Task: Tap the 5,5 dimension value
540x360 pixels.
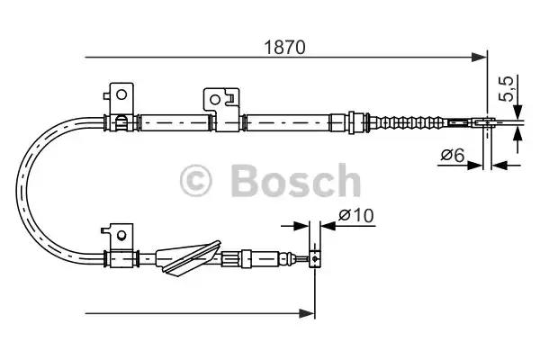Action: click(508, 90)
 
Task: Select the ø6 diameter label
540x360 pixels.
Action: click(453, 155)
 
